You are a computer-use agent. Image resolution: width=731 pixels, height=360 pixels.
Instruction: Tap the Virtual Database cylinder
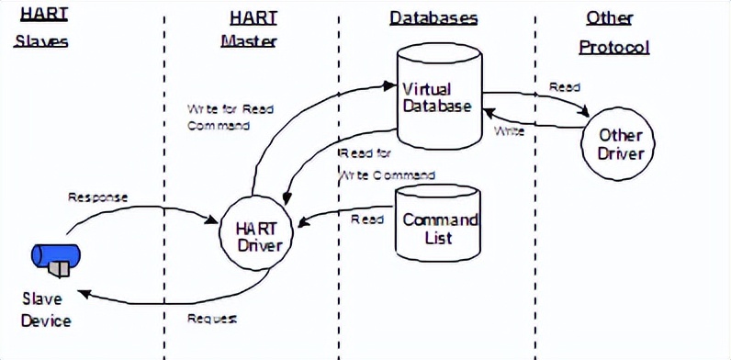coord(437,97)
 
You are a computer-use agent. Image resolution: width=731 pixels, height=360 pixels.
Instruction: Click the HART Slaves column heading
coord(42,29)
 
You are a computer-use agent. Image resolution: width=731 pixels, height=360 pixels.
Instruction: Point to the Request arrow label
coord(212,319)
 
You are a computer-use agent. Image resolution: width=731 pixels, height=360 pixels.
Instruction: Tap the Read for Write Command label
coord(386,163)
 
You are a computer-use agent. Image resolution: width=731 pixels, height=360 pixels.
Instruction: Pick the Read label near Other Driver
coord(564,87)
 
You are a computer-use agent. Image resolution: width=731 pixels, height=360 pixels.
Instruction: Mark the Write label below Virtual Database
coord(510,131)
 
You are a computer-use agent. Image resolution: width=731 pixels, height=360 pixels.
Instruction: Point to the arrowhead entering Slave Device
coord(84,293)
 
